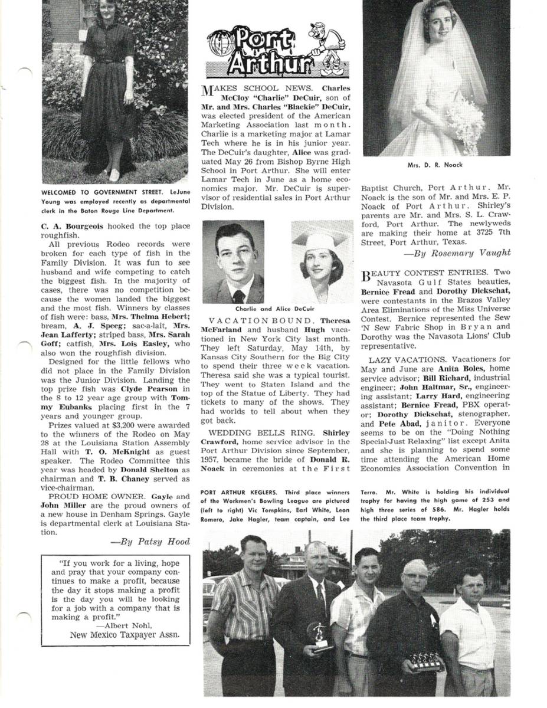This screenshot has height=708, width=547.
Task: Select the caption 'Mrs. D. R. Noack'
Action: click(x=435, y=165)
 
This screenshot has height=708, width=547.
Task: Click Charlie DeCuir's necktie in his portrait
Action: click(x=238, y=295)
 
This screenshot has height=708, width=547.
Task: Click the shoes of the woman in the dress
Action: click(x=113, y=175)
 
